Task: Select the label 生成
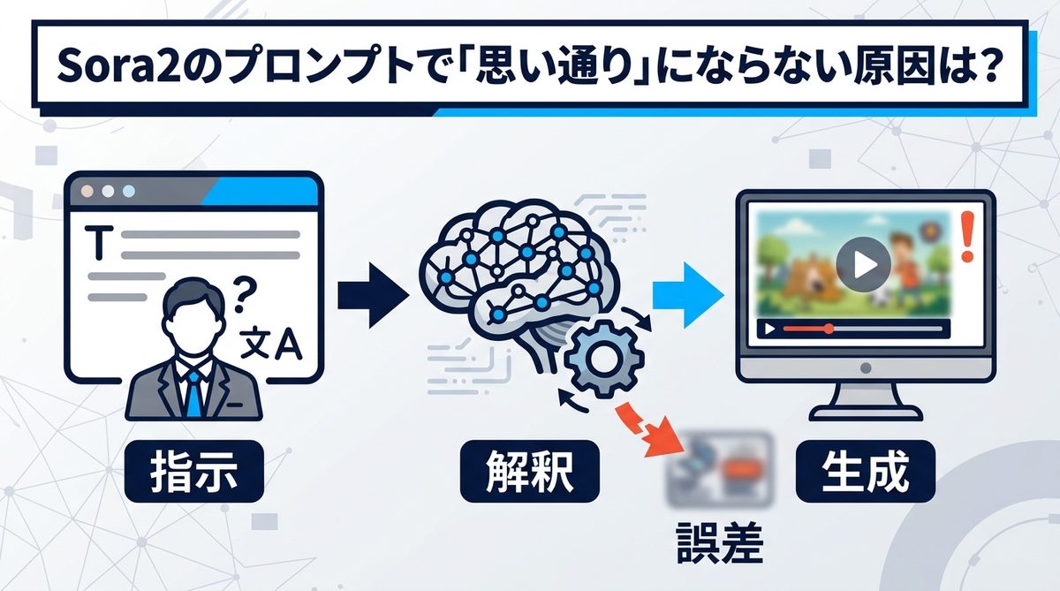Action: (865, 474)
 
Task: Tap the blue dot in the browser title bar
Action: (130, 191)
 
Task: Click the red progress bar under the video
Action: (806, 329)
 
